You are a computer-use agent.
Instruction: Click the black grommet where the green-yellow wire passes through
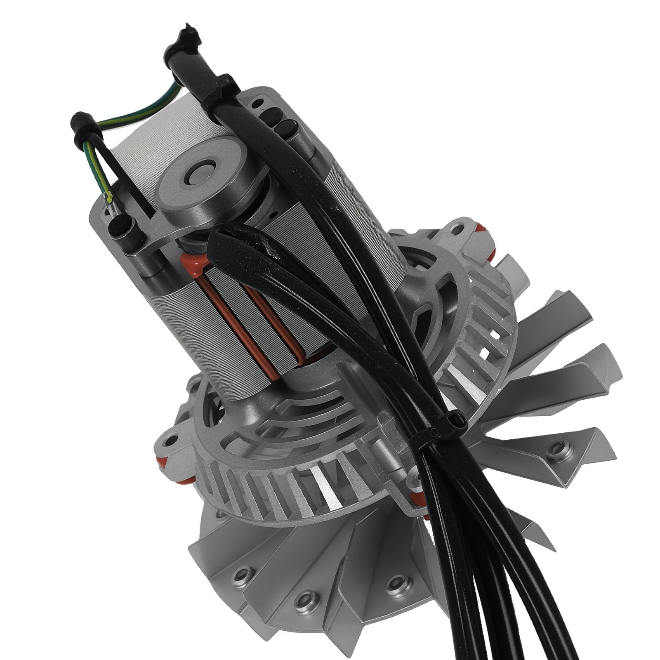coord(82,125)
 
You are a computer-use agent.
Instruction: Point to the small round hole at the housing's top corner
coord(259,101)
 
